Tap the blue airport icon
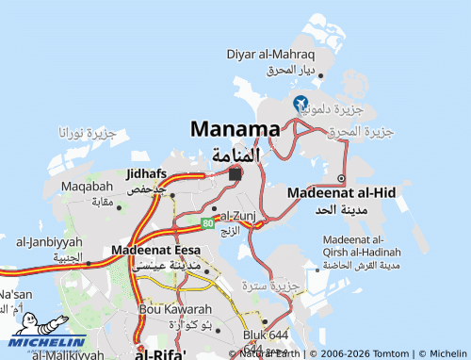click(300, 103)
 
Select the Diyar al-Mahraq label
click(270, 55)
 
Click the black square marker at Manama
click(235, 174)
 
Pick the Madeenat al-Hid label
click(341, 191)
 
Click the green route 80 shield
click(206, 222)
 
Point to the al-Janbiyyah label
click(49, 242)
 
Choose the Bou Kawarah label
click(175, 309)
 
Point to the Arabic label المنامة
click(235, 154)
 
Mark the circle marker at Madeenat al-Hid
click(341, 179)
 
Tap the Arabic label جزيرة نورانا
click(87, 133)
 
